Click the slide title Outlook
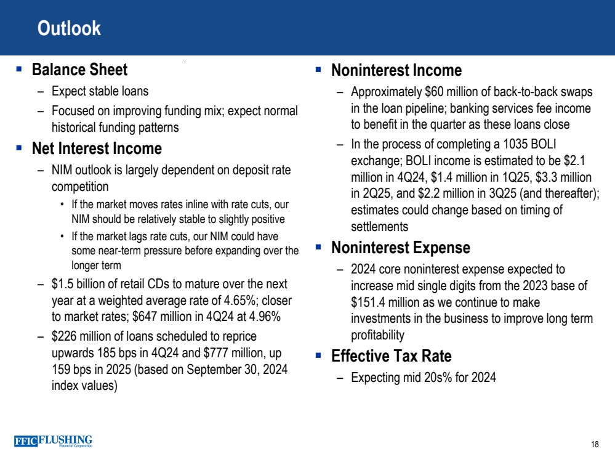[69, 28]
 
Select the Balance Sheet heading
[79, 70]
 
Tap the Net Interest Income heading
[97, 149]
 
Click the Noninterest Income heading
[396, 70]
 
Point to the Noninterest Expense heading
[401, 248]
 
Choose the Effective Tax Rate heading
[392, 357]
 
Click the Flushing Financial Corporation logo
[53, 441]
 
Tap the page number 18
[595, 445]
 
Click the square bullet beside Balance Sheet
[19, 70]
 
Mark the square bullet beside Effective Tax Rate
[318, 356]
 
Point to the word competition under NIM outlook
[80, 186]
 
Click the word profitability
[377, 335]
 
